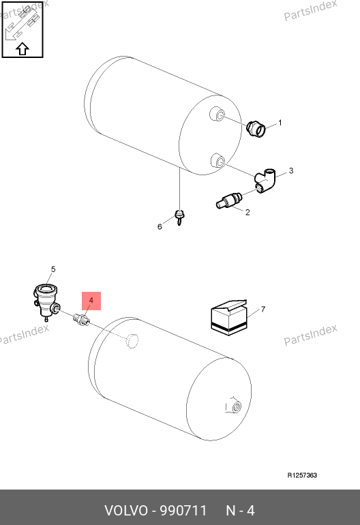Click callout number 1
click(280, 123)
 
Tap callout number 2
click(247, 212)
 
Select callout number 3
click(291, 170)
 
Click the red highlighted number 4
click(91, 301)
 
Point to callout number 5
click(53, 269)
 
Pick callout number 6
click(160, 226)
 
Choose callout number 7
click(263, 309)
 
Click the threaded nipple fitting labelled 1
click(256, 129)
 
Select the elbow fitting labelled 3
click(265, 181)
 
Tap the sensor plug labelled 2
click(229, 200)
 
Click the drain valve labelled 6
click(180, 217)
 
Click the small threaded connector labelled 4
click(81, 320)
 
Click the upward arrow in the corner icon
click(22, 49)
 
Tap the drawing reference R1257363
click(302, 475)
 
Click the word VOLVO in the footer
click(126, 511)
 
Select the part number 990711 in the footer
click(183, 511)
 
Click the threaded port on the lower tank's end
click(235, 406)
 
